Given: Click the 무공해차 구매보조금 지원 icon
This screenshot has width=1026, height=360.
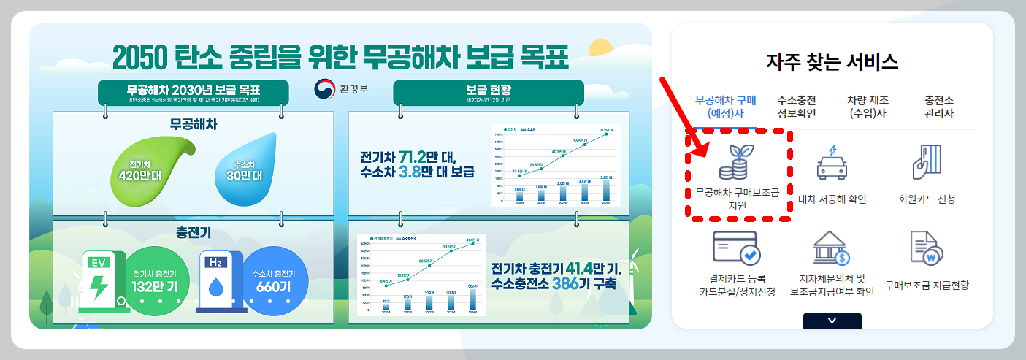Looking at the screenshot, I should [736, 161].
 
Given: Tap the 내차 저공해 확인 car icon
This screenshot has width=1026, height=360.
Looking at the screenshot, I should [832, 161].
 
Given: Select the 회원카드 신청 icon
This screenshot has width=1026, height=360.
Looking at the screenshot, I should [926, 161].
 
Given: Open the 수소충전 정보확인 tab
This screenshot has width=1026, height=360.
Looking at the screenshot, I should [797, 107].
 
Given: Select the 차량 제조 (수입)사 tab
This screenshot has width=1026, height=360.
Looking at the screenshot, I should [867, 107].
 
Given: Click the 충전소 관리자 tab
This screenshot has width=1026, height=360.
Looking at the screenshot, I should [938, 107].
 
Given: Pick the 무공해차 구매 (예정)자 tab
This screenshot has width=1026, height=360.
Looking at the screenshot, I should [726, 107].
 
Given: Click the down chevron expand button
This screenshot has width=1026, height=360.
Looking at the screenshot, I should [832, 321].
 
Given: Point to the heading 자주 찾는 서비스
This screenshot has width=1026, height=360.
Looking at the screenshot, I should [832, 61].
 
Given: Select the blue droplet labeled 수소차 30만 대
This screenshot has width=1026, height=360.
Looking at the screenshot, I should [247, 171].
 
